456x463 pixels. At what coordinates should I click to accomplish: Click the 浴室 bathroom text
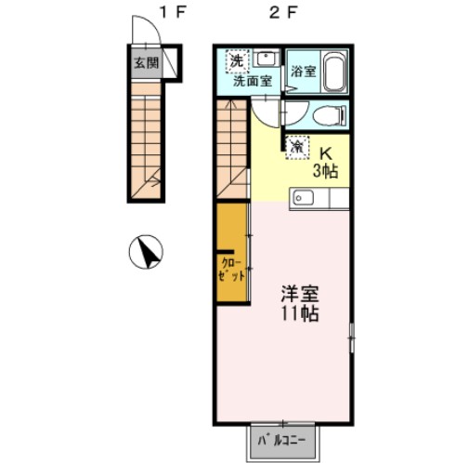coord(304,72)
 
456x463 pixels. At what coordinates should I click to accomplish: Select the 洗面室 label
coord(252,82)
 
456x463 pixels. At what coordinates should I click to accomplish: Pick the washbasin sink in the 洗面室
coord(267,60)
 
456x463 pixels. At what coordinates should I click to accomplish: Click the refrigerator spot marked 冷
coord(297,147)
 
